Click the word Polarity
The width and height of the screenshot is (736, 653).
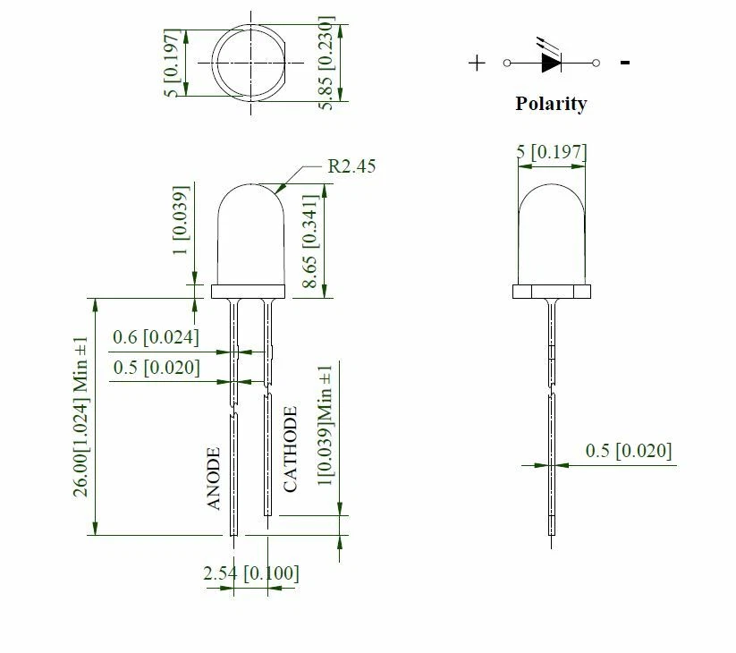(551, 104)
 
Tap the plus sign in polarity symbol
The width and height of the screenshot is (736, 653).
(478, 63)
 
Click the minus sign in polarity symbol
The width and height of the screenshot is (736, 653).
(625, 63)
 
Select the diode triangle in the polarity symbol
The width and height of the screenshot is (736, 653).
(549, 63)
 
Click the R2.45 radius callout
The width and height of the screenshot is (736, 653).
(351, 165)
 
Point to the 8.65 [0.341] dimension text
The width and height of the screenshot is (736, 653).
(309, 241)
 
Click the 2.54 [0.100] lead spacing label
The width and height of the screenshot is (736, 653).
(251, 572)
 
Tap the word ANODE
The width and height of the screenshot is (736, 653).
(214, 479)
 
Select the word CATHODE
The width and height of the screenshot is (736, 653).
(291, 449)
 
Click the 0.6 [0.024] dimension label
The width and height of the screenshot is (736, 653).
(156, 337)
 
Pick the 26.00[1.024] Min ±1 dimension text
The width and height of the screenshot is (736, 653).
(81, 416)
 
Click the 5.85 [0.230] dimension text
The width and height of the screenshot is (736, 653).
(327, 63)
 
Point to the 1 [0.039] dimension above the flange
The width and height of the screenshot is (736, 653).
(181, 221)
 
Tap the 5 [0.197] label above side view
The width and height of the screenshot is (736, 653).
(552, 152)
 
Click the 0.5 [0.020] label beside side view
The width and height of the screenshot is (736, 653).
(628, 451)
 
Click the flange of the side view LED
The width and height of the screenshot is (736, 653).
(552, 292)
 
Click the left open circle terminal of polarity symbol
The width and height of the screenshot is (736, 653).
(507, 63)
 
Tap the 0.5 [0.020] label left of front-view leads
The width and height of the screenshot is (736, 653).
(156, 368)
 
